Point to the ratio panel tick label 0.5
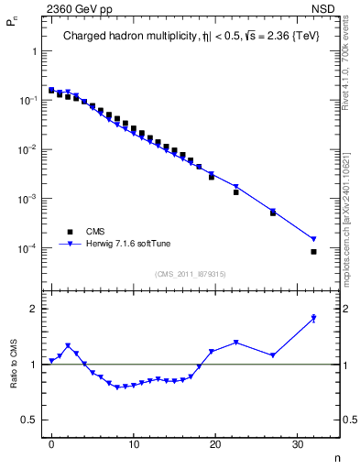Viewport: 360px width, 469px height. [x=28, y=420]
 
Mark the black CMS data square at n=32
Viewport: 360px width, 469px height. [x=313, y=252]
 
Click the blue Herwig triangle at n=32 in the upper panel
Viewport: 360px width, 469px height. [x=313, y=240]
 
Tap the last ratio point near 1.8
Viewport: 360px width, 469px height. [x=313, y=319]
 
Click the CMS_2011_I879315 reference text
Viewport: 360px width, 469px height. [x=191, y=274]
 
